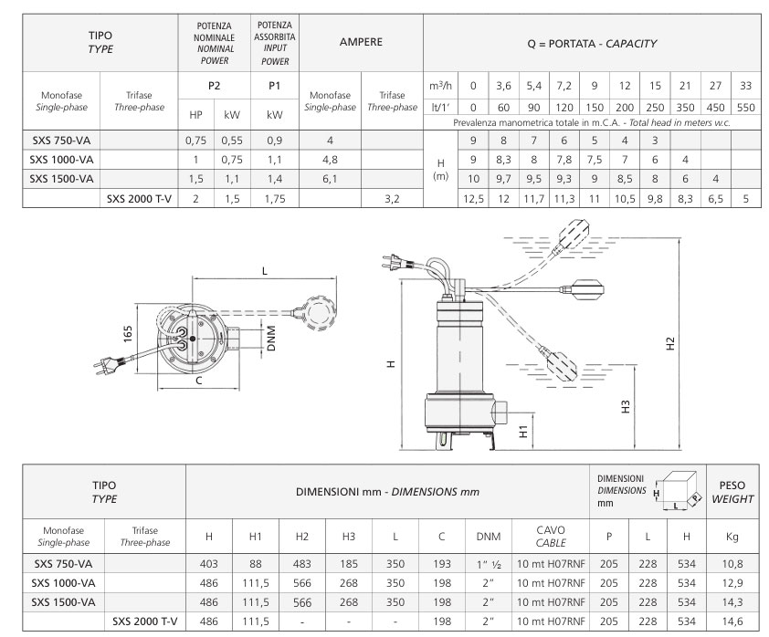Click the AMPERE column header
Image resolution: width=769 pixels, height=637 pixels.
coord(361,42)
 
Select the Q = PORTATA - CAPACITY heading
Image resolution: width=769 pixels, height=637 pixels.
coord(592,44)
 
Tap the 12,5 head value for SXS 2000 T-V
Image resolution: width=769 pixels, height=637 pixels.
coord(473,198)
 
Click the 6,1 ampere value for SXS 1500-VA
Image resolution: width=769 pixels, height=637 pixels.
coord(330,179)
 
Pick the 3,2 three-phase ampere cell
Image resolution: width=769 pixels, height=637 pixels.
coord(393,198)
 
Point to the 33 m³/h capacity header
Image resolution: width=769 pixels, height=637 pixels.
coord(745,86)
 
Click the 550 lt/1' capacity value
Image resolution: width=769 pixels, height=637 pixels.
coord(745,108)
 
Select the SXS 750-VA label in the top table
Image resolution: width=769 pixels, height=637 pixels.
coord(61,141)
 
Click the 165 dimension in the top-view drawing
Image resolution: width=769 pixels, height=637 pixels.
coord(128,334)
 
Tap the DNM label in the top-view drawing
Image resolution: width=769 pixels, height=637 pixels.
coord(271,338)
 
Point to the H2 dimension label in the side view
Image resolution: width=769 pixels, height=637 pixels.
coord(670,344)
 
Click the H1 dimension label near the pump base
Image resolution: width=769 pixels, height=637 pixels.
coord(524,431)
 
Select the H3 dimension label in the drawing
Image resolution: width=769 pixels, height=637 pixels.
coord(626,407)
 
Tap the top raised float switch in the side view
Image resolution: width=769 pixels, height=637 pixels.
coord(574,235)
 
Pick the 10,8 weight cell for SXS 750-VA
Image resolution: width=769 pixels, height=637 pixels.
coord(732,564)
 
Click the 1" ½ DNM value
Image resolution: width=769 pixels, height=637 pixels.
coord(489,564)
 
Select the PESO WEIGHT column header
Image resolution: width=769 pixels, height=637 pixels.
coord(732,492)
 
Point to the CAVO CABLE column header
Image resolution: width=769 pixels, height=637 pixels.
coord(551,536)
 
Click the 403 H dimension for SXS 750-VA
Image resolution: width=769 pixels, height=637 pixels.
coord(209,564)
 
